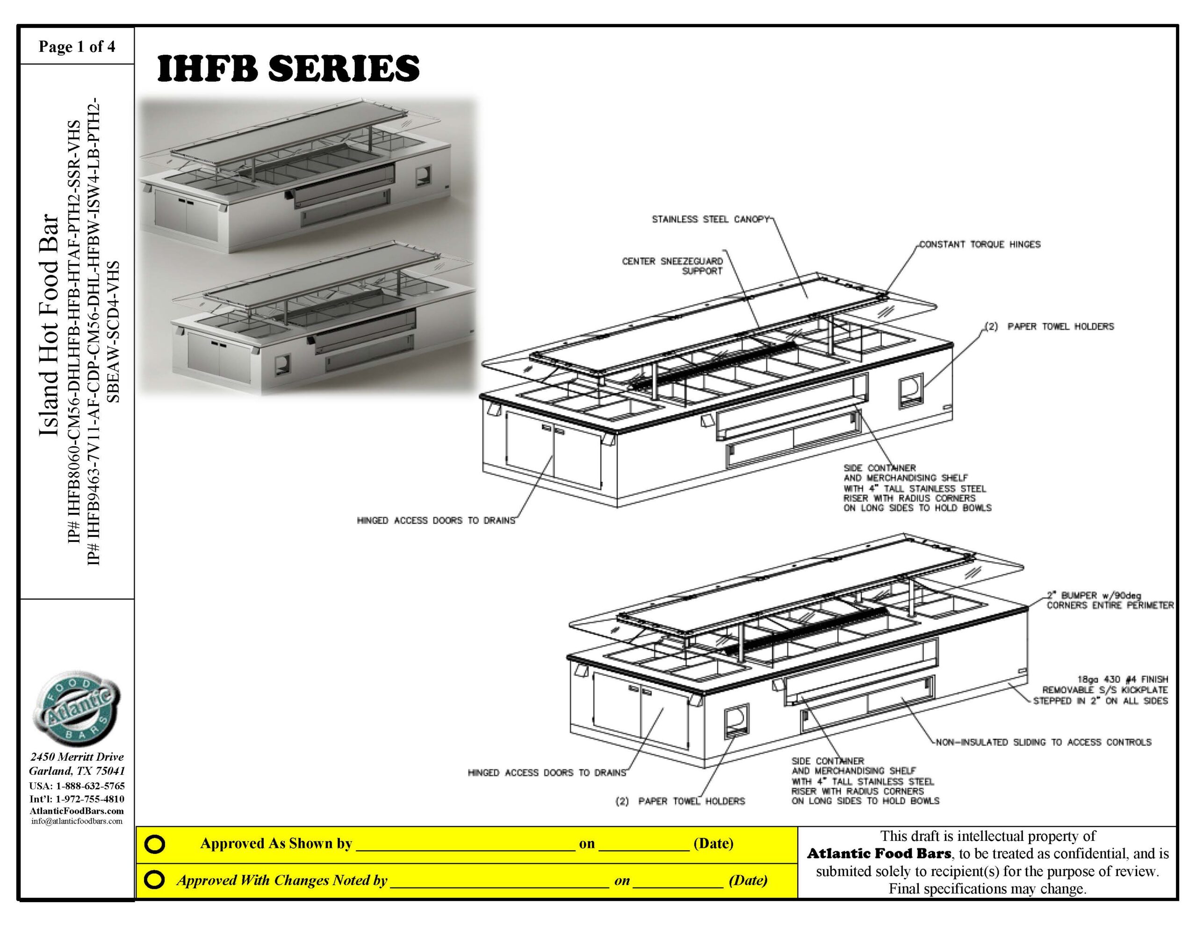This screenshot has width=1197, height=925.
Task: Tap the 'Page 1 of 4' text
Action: (77, 47)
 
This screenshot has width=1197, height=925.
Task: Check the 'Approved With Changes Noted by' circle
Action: (155, 880)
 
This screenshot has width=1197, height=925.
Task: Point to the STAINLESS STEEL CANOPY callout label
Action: (710, 219)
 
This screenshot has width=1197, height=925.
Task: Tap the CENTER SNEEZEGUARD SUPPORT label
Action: (673, 266)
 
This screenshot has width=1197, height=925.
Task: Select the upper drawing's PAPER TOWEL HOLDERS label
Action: (1049, 327)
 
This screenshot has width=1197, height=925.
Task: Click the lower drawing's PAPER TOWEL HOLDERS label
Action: (679, 801)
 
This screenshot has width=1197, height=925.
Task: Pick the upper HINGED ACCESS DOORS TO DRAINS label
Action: (436, 520)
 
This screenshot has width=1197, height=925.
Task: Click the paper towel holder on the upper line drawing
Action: (910, 390)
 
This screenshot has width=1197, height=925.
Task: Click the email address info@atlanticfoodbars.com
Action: (77, 821)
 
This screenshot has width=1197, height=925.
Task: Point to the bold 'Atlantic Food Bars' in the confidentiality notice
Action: (879, 854)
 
